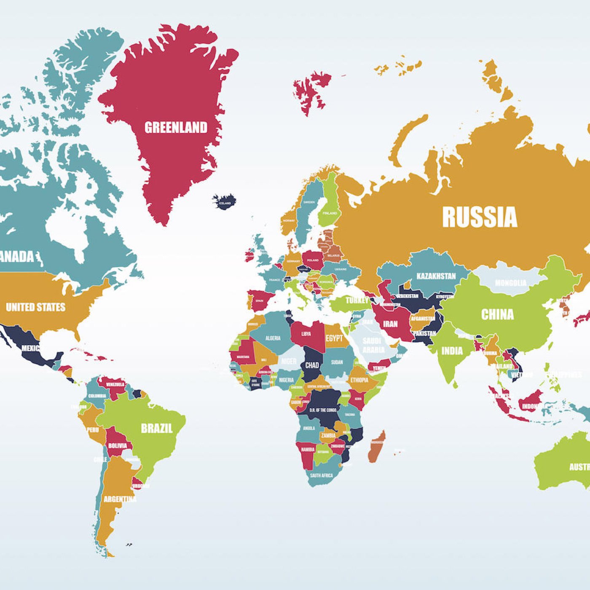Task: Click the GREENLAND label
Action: [x=176, y=127]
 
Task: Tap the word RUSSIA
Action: [x=479, y=217]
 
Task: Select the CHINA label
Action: [x=497, y=314]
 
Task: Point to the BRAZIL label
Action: [x=157, y=429]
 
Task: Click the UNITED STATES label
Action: [x=36, y=307]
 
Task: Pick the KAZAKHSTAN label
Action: [x=436, y=276]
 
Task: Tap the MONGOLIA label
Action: [x=510, y=283]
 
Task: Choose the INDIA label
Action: [x=452, y=351]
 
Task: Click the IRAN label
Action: [x=390, y=324]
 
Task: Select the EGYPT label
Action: [x=334, y=338]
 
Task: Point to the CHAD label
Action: [x=312, y=365]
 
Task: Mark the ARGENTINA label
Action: [x=120, y=499]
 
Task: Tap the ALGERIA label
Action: [x=273, y=338]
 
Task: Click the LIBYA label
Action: [x=306, y=334]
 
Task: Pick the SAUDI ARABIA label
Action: [x=373, y=345]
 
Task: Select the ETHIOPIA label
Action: [x=359, y=380]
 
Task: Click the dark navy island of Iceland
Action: [x=224, y=201]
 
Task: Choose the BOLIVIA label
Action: [x=117, y=445]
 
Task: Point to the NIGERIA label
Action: [x=286, y=380]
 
